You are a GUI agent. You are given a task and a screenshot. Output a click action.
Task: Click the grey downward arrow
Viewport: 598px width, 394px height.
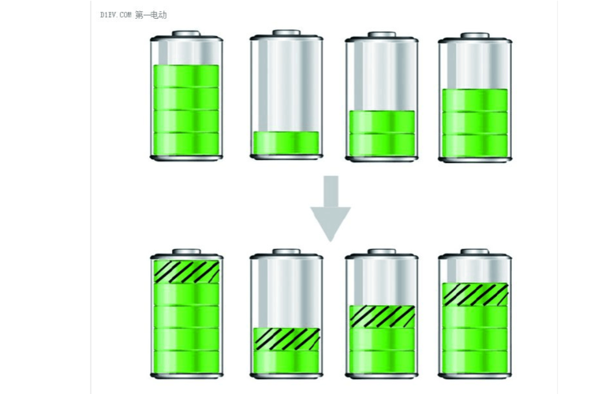point(331,208)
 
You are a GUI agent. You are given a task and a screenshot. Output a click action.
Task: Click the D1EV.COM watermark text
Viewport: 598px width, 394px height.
point(116,15)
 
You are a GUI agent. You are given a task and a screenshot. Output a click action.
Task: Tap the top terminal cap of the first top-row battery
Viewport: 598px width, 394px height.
point(186,34)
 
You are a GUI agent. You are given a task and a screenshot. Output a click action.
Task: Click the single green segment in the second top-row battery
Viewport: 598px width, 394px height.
point(286,143)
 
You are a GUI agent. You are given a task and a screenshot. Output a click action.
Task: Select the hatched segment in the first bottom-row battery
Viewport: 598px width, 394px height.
point(186,272)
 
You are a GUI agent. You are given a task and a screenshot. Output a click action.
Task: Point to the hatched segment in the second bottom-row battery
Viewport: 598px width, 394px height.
point(287,339)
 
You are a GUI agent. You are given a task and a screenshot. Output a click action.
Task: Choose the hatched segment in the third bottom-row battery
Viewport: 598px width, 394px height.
point(382,316)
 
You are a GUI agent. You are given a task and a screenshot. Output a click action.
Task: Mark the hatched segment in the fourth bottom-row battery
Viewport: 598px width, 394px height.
point(475,294)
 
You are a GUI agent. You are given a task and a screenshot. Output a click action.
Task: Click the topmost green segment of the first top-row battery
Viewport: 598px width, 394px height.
point(186,76)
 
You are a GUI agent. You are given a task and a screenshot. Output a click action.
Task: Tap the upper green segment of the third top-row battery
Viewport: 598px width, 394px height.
point(382,122)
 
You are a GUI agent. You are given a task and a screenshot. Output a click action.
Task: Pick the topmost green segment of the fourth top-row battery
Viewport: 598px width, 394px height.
point(475,100)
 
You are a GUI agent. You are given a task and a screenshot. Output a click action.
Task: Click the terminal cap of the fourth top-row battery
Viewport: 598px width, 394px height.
point(475,35)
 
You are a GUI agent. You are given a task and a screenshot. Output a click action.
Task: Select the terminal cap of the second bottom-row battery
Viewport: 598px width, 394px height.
point(286,252)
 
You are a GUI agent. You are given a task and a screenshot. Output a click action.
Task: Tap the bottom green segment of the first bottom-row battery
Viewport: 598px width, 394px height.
point(186,362)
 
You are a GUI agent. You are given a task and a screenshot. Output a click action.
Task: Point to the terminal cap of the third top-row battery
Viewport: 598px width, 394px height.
point(382,35)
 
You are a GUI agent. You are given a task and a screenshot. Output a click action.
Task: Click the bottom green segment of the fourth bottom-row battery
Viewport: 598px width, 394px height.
point(475,362)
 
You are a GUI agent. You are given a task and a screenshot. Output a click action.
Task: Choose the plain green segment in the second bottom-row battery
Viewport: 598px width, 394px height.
point(287,362)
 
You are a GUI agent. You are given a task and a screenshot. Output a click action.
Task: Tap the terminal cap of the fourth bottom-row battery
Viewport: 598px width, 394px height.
point(475,252)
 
